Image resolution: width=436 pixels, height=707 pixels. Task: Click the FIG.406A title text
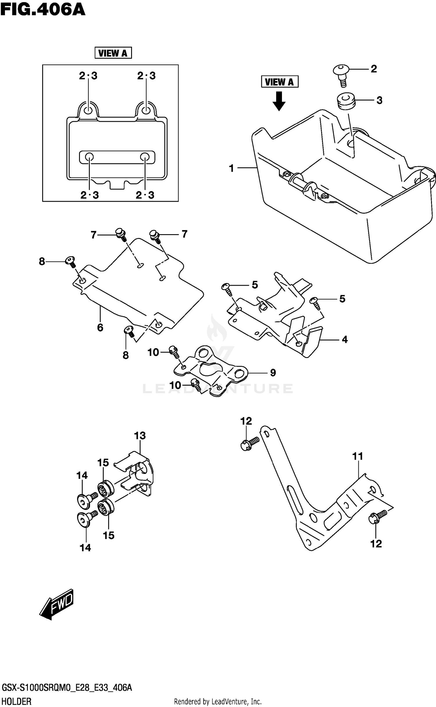[43, 9]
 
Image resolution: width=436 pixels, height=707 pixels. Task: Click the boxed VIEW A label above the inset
[113, 53]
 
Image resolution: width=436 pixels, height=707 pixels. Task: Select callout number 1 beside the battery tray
[232, 168]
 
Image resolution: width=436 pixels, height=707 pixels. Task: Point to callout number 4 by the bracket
[345, 339]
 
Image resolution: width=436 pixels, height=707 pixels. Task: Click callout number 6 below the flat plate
[100, 327]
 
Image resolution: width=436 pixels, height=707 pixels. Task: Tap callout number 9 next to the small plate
[273, 373]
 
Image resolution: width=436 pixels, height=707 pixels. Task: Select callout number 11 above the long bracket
[358, 457]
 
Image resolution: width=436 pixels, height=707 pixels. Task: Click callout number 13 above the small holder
[140, 436]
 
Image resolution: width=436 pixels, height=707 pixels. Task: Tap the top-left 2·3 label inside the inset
[88, 76]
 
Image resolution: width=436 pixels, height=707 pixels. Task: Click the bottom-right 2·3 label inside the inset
[145, 195]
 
